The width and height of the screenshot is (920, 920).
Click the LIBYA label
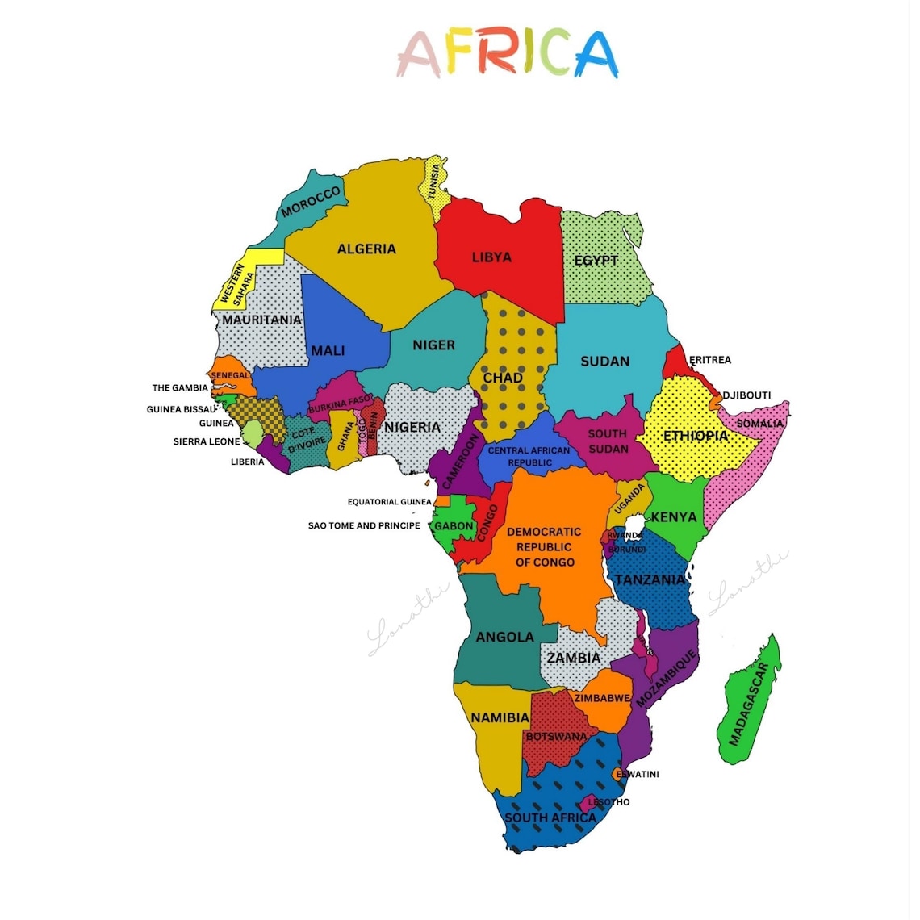click(x=491, y=257)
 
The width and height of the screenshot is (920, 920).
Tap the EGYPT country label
click(x=596, y=261)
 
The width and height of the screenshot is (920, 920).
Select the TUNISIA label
click(x=435, y=182)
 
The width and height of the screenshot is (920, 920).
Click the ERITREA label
click(x=709, y=360)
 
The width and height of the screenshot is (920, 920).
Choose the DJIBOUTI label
click(x=746, y=395)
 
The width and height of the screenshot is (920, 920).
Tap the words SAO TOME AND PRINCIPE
click(x=364, y=525)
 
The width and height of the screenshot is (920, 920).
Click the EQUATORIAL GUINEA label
click(x=389, y=502)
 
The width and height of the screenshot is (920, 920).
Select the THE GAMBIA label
click(x=180, y=388)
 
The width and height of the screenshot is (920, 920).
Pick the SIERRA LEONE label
click(x=207, y=442)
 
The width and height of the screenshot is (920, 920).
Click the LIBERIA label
click(x=247, y=462)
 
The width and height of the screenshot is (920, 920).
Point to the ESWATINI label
click(x=638, y=775)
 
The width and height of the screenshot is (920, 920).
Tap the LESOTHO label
click(x=608, y=802)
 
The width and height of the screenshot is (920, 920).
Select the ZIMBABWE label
click(x=602, y=698)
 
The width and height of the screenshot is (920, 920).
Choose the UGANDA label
click(x=630, y=500)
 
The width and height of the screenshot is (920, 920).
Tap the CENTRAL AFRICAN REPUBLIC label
click(x=529, y=457)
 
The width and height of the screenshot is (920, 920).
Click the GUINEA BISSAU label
click(x=181, y=410)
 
